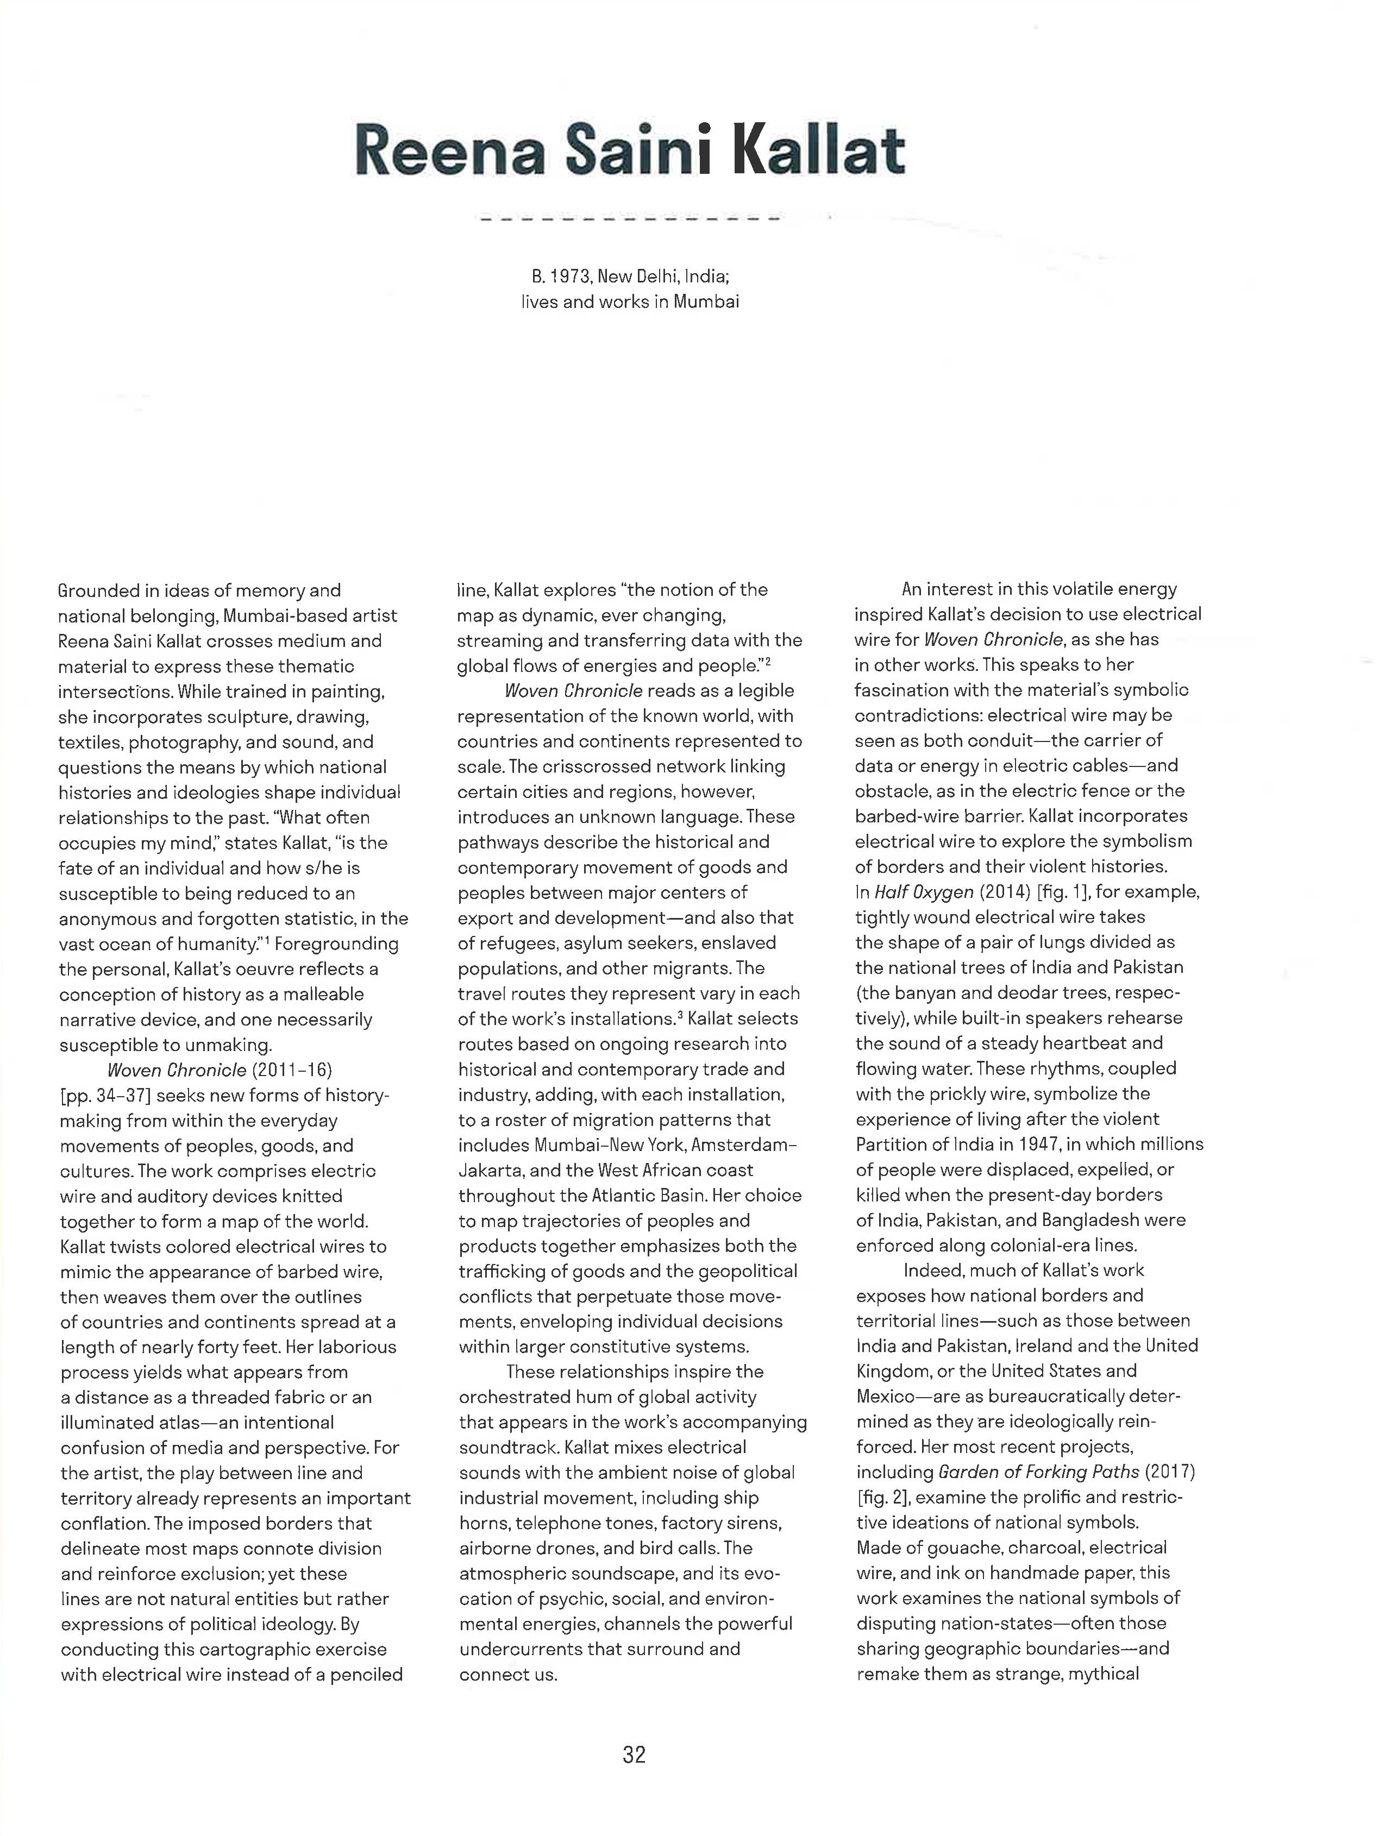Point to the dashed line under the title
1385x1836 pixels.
[x=629, y=220]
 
